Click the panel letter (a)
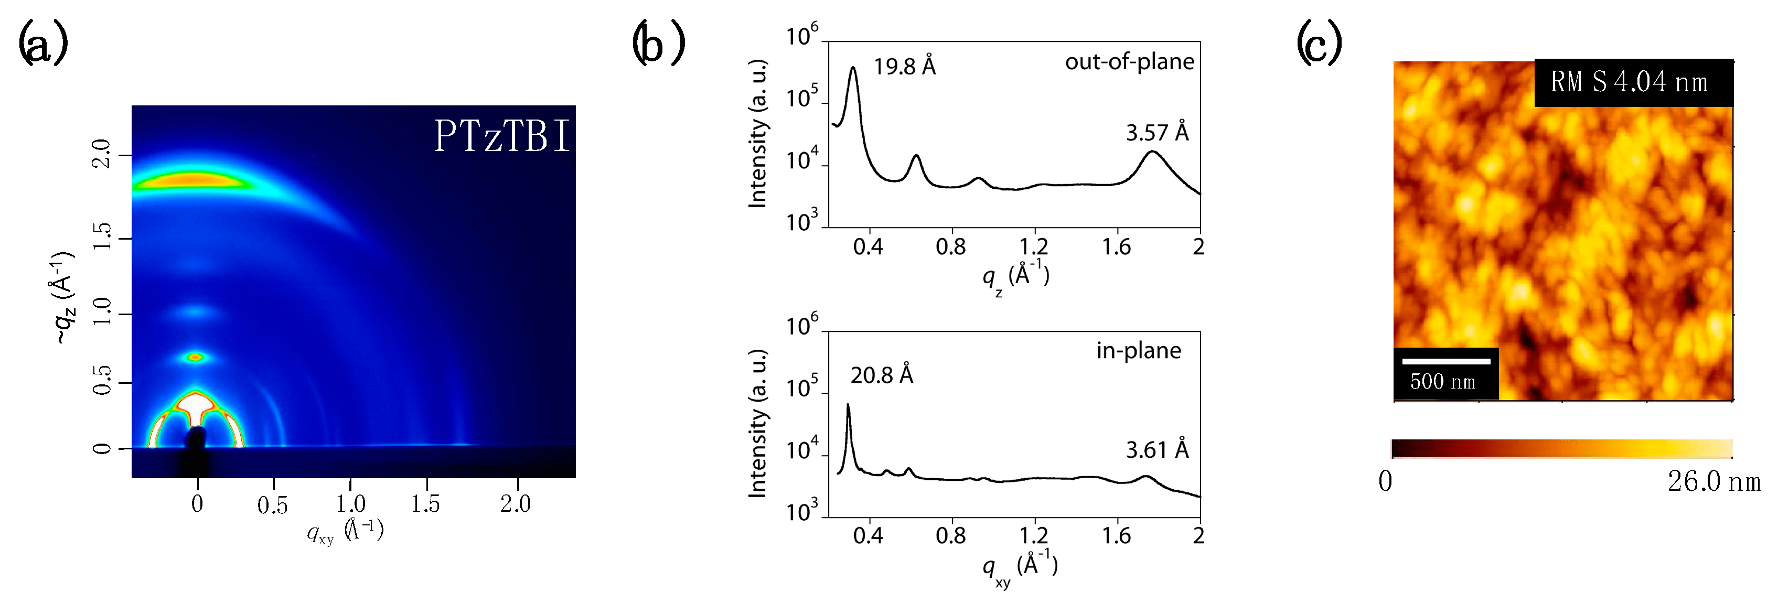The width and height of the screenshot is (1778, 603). point(43,43)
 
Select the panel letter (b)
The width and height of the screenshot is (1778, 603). point(658,43)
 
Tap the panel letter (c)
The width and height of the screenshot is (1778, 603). point(1319,43)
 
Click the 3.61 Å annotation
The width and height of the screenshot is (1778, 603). point(1157,450)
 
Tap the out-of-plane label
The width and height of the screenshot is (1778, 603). point(1129,62)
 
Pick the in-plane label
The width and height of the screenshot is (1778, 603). point(1138,350)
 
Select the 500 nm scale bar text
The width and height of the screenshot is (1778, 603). point(1442,382)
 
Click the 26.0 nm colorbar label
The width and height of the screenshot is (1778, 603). point(1713,481)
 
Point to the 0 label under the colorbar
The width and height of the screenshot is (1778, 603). point(1385,481)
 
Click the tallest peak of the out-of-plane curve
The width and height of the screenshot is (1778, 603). point(854,68)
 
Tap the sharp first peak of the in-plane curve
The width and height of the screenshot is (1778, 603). point(848,406)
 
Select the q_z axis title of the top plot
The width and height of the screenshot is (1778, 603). point(1015,277)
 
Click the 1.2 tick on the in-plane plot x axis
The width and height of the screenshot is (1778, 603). point(1033,536)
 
